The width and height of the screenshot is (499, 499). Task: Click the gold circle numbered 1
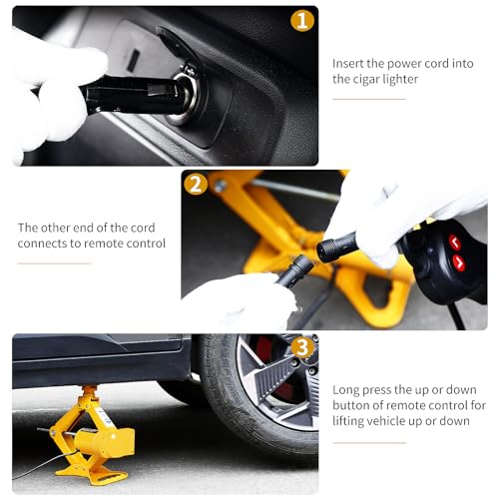[302, 20]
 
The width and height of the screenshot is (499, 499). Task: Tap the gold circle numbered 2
[196, 184]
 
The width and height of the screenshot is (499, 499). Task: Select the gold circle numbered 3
[302, 347]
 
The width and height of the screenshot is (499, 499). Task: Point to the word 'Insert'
[348, 63]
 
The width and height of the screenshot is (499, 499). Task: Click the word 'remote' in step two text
[104, 244]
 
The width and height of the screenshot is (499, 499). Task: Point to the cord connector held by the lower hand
[294, 270]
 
